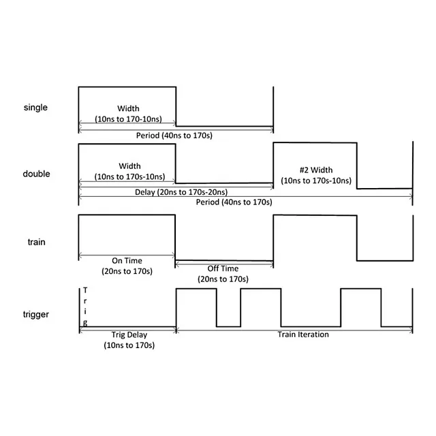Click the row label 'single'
click(x=36, y=108)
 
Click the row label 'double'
click(x=37, y=174)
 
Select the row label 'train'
click(x=37, y=242)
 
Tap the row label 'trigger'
click(x=37, y=314)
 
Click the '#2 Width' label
click(x=315, y=170)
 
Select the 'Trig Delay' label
click(x=129, y=334)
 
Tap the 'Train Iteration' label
click(x=303, y=334)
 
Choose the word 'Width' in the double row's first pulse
click(x=129, y=166)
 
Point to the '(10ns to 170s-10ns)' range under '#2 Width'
click(x=316, y=181)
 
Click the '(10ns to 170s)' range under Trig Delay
click(x=129, y=345)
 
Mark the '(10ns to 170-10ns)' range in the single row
click(x=128, y=119)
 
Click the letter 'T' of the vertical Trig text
click(x=84, y=292)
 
